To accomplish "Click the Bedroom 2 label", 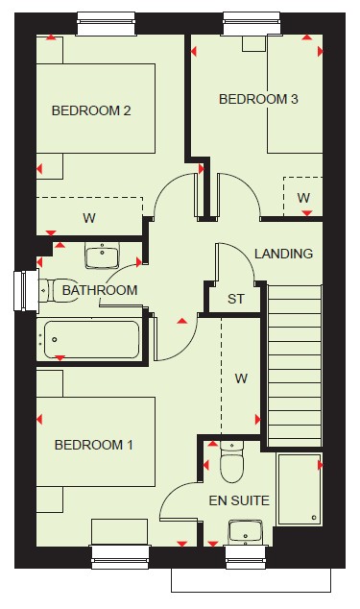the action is [x=91, y=110].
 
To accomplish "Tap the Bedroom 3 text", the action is [x=258, y=99].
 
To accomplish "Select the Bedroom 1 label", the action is [x=93, y=445].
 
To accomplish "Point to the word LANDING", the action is [x=284, y=254].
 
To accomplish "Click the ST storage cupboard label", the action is [x=236, y=299].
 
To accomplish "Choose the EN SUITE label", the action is [x=239, y=500].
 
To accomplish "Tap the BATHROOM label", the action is [x=100, y=290].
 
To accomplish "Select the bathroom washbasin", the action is [x=102, y=256].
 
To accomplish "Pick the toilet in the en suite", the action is [x=232, y=462].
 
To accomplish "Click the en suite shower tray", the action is [x=300, y=489].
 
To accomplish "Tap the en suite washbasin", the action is [x=246, y=532].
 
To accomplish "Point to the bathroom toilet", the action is [x=57, y=290].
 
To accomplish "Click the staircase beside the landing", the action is [x=295, y=366].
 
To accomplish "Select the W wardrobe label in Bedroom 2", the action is [x=89, y=218].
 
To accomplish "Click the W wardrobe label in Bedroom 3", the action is [x=303, y=198].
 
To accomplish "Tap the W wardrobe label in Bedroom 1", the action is [x=241, y=378].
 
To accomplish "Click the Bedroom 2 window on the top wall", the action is [x=106, y=24].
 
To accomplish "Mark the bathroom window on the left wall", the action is [x=26, y=290].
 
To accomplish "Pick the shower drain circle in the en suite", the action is [x=314, y=518].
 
